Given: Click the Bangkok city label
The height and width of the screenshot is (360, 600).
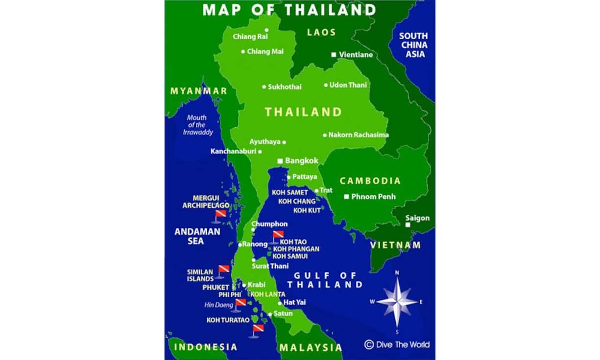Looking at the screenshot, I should tap(302, 161).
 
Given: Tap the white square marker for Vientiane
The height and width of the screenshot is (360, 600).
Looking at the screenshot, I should tap(334, 55).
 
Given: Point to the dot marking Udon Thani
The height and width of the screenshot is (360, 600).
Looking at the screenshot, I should tap(326, 85).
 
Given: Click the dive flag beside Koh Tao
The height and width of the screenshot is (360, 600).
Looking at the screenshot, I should tap(278, 236).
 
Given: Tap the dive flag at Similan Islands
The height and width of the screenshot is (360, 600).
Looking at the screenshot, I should tap(223, 269).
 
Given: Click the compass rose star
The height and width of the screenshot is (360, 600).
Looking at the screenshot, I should tap(397, 300).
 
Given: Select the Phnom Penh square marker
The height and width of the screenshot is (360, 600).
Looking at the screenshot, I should tap(346, 197).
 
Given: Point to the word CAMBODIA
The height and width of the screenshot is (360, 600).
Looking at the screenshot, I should tap(370, 181).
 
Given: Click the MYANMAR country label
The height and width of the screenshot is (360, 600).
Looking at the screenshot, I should tap(199, 91).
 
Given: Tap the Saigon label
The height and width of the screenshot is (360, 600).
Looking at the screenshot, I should tap(417, 218).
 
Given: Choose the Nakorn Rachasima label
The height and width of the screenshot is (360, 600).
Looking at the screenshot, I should tap(359, 135).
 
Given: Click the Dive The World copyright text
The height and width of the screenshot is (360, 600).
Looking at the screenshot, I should tap(397, 344).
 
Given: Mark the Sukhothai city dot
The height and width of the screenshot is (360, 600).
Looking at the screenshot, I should tap(264, 87).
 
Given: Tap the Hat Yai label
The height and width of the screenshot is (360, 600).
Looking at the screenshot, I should tap(295, 302).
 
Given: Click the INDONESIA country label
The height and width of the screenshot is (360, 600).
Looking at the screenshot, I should tap(206, 347).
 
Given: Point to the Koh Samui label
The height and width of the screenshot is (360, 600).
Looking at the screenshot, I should tap(290, 256).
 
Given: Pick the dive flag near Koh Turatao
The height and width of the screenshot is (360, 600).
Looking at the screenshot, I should tap(257, 329).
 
